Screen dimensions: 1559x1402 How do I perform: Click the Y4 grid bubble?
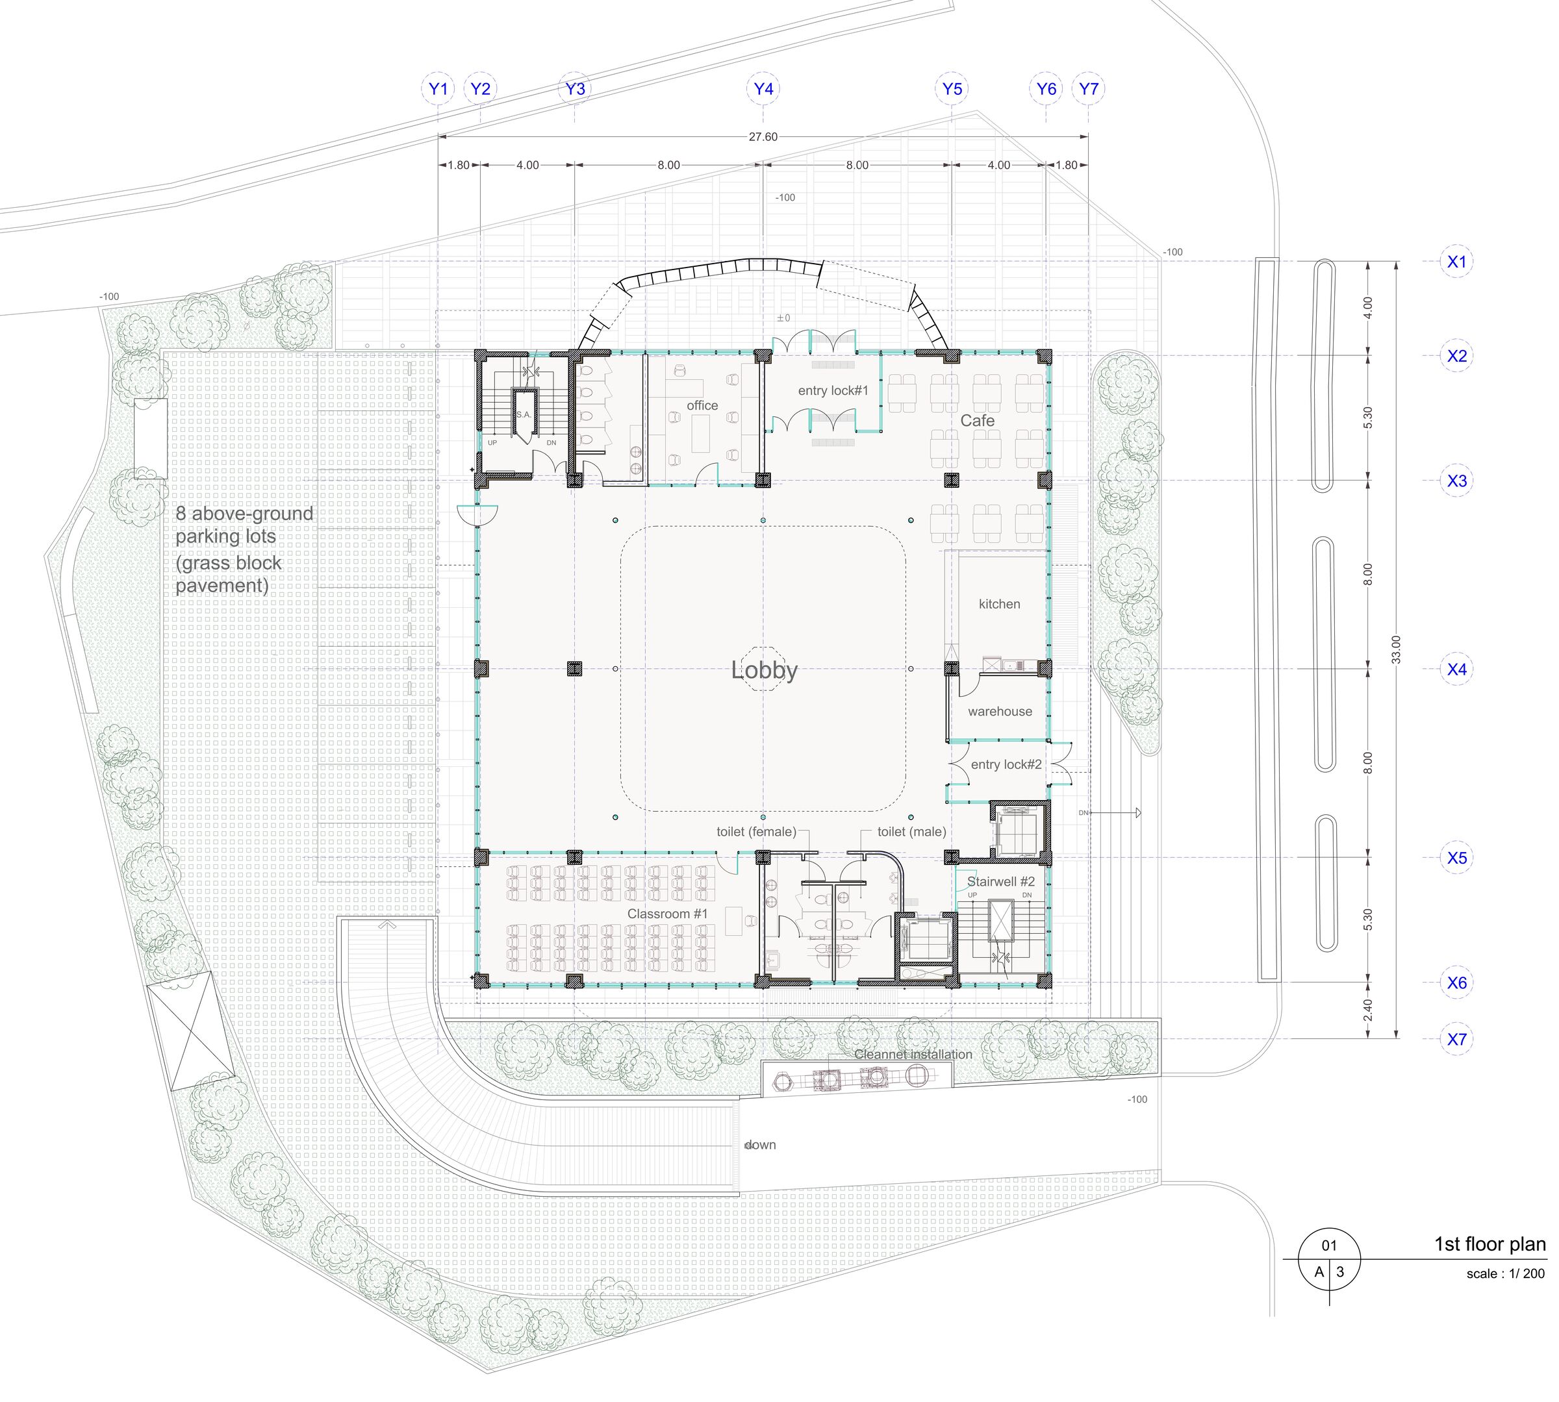coord(763,88)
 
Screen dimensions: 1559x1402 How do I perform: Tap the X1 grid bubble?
coord(1456,261)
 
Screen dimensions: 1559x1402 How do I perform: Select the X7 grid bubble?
coord(1456,1038)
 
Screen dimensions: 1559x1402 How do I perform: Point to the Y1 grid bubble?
coord(438,88)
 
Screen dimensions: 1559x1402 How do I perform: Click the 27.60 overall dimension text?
coord(763,136)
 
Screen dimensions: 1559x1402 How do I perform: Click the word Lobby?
coord(764,671)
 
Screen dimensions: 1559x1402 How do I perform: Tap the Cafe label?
coord(977,421)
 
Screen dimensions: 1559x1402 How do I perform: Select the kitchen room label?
coord(999,604)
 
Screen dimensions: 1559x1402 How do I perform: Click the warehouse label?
coord(1000,711)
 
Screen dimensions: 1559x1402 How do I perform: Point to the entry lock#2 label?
coord(1006,764)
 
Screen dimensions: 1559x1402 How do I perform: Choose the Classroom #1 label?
coord(667,914)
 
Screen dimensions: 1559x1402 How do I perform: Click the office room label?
coord(702,405)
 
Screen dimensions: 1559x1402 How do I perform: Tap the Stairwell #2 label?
coord(1001,881)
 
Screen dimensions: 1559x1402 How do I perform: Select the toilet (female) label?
coord(756,832)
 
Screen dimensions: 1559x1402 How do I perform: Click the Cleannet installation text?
coord(913,1055)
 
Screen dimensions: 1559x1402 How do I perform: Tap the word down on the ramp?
coord(760,1145)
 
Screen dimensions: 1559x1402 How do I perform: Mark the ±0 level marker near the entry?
coord(783,318)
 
